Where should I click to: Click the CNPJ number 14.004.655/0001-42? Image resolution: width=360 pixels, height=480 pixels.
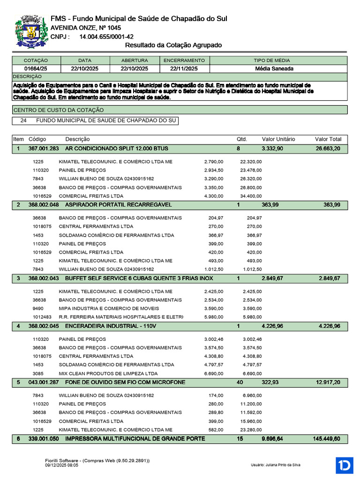click(106, 37)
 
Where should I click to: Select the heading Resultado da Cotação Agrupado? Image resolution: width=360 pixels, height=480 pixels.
click(173, 45)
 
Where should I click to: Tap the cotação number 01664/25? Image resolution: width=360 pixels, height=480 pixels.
click(36, 68)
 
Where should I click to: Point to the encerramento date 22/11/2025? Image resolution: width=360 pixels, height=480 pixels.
click(184, 68)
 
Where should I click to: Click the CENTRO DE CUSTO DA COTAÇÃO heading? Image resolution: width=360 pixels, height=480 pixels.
click(59, 110)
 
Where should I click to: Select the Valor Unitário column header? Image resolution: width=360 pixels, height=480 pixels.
click(278, 139)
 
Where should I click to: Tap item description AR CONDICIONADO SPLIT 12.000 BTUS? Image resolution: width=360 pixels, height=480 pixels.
click(116, 149)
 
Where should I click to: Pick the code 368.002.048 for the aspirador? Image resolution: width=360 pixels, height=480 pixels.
click(44, 205)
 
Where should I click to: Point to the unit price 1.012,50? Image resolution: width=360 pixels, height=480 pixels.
click(214, 269)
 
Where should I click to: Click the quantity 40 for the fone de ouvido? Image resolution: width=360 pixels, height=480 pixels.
click(240, 382)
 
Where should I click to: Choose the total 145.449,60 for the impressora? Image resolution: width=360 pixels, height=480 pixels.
click(326, 439)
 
